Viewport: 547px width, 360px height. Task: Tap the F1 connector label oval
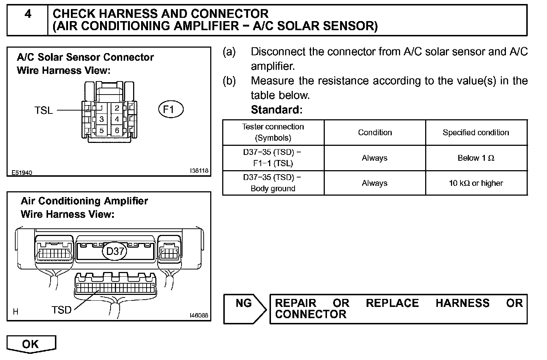click(x=171, y=109)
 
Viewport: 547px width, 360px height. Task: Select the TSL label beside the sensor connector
click(x=44, y=110)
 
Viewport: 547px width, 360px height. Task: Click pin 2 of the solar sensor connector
click(x=117, y=108)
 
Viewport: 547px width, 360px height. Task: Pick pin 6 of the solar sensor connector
click(x=117, y=131)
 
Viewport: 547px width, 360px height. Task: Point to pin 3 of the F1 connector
click(x=101, y=119)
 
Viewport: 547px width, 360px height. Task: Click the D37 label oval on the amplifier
click(x=115, y=251)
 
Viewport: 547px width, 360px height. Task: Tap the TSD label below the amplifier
click(x=61, y=310)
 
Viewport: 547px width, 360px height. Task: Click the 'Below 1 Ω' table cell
click(x=476, y=158)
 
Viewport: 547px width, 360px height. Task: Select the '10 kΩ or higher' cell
click(x=476, y=183)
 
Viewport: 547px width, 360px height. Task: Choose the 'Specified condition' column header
click(x=476, y=132)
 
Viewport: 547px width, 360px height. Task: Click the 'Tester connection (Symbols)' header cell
click(x=273, y=132)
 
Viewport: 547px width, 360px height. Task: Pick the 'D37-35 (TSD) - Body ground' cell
click(x=273, y=183)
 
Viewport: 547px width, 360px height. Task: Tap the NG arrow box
click(x=244, y=308)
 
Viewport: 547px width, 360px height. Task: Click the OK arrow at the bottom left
click(x=31, y=344)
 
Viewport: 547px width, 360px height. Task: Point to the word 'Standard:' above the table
click(x=276, y=109)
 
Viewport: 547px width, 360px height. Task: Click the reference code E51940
click(x=21, y=172)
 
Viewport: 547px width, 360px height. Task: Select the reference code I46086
click(x=199, y=316)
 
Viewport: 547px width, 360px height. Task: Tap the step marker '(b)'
click(x=229, y=81)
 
